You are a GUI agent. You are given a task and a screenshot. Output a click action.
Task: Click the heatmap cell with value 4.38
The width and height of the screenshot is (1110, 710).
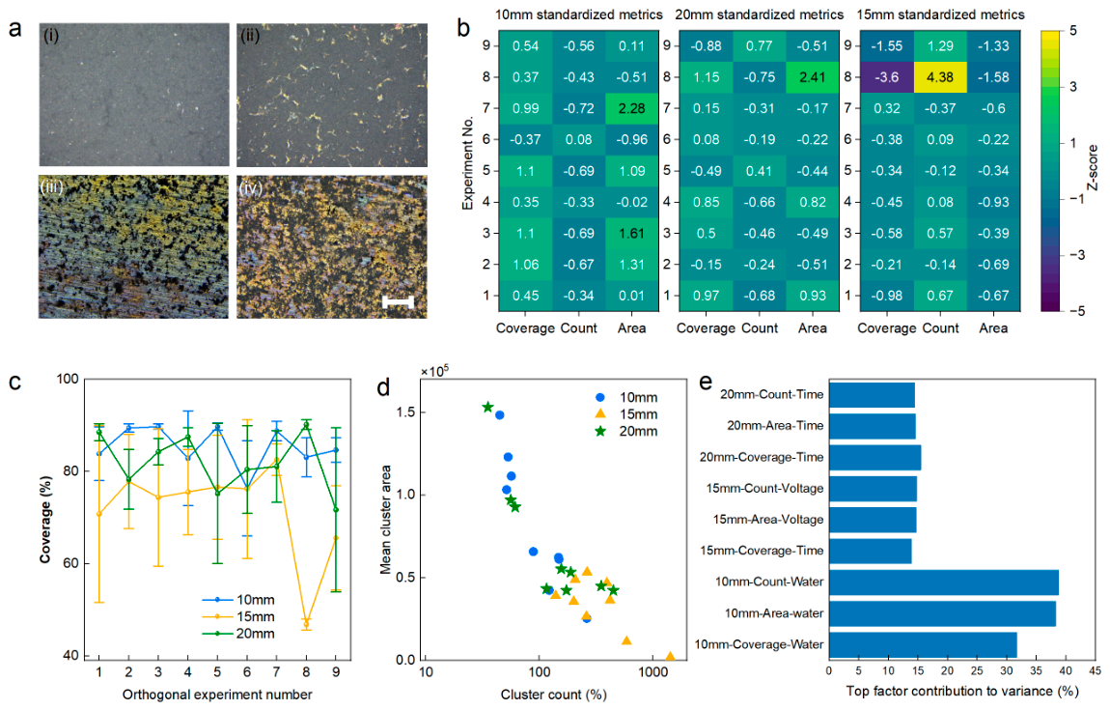(x=940, y=77)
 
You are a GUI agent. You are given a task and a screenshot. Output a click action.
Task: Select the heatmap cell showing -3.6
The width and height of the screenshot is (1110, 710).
(x=887, y=77)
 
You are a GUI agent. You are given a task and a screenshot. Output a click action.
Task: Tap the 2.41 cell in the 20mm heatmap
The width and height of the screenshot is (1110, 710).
(x=813, y=77)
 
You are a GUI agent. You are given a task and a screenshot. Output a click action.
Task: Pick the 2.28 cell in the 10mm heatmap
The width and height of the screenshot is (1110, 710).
(x=631, y=108)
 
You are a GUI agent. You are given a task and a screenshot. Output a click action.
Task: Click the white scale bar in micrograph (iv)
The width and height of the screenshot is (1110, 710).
(x=398, y=302)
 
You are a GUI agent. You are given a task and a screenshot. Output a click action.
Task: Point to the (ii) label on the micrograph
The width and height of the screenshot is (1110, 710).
(x=250, y=36)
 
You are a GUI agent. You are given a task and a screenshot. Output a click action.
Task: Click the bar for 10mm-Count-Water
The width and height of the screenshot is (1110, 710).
(x=944, y=582)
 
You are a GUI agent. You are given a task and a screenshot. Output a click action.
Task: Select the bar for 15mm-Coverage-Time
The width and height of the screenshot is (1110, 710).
(x=870, y=551)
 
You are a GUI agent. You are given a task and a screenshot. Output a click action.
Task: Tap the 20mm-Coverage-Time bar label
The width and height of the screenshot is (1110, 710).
(x=762, y=457)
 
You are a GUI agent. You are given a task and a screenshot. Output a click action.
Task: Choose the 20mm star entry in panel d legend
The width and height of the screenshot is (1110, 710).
(x=627, y=432)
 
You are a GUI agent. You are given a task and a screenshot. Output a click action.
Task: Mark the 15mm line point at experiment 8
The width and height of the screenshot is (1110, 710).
(x=307, y=623)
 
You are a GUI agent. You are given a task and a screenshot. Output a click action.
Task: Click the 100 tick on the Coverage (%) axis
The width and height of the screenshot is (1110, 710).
(x=68, y=379)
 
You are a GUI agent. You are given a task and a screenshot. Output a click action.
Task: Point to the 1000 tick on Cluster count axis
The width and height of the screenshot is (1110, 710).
(x=652, y=671)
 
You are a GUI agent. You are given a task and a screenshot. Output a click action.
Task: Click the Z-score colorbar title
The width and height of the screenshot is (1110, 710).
(x=1093, y=168)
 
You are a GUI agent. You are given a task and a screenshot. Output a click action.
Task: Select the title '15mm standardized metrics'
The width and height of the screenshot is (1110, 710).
(x=941, y=14)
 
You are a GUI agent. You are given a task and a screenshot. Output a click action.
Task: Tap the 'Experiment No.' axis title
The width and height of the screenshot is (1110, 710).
(x=467, y=163)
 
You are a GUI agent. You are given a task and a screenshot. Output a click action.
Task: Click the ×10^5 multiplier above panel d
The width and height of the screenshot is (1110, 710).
(x=434, y=371)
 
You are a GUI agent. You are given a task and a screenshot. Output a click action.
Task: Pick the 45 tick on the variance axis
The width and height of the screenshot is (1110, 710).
(x=1096, y=670)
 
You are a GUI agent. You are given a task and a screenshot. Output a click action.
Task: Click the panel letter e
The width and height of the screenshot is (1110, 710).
(x=706, y=383)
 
